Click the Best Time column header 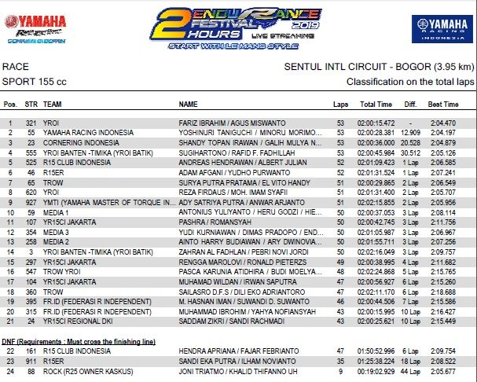[x=444, y=105]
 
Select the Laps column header [x=339, y=105]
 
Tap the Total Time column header [x=375, y=105]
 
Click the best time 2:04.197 [x=443, y=133]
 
